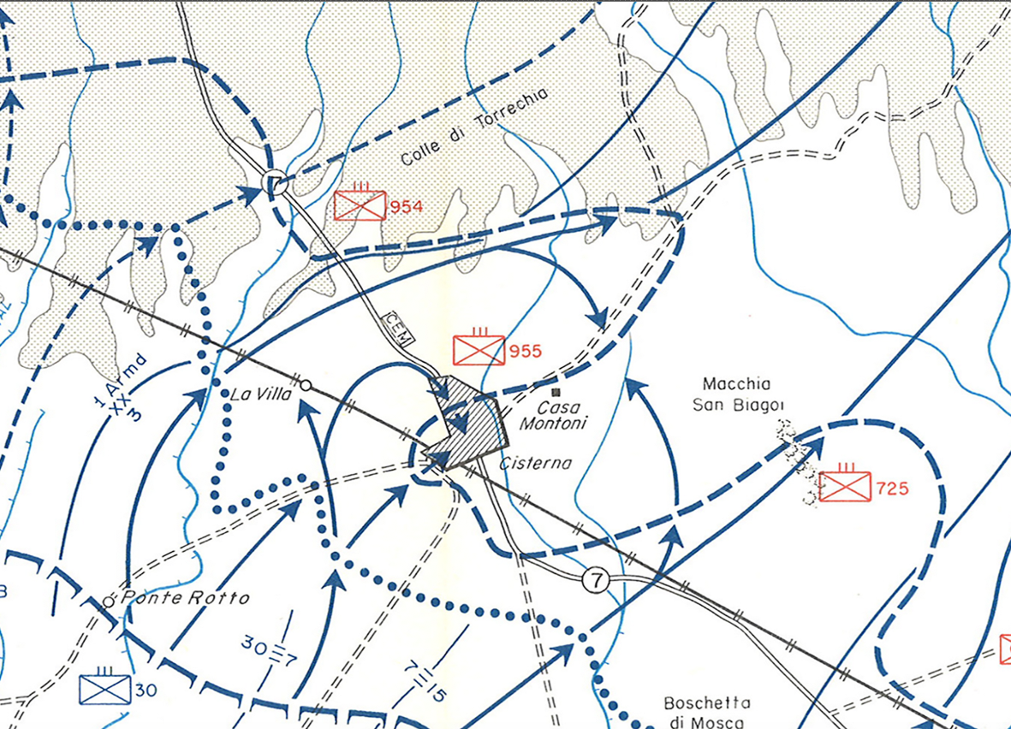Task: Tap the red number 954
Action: point(406,206)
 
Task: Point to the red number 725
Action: point(893,489)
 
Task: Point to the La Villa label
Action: point(262,394)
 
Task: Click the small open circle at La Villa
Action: point(306,385)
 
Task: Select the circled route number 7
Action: point(596,580)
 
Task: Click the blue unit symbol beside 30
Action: point(104,688)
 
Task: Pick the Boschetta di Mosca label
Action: point(707,712)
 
